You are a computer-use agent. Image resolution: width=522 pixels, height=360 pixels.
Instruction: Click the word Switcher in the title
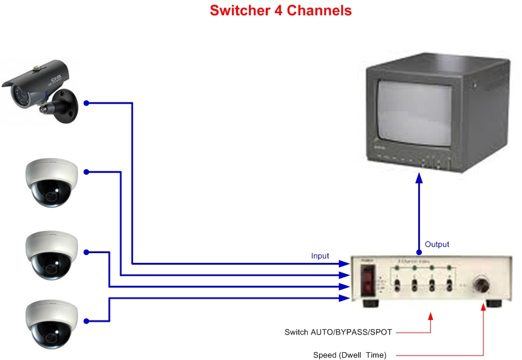point(236,10)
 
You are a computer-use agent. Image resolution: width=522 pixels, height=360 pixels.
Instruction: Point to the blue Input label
point(320,256)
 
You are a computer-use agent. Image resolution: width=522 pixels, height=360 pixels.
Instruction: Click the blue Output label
point(437,244)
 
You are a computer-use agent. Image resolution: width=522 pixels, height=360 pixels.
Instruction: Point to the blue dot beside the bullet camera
point(86,103)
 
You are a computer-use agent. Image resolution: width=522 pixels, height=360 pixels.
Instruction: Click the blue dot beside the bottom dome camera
point(86,321)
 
